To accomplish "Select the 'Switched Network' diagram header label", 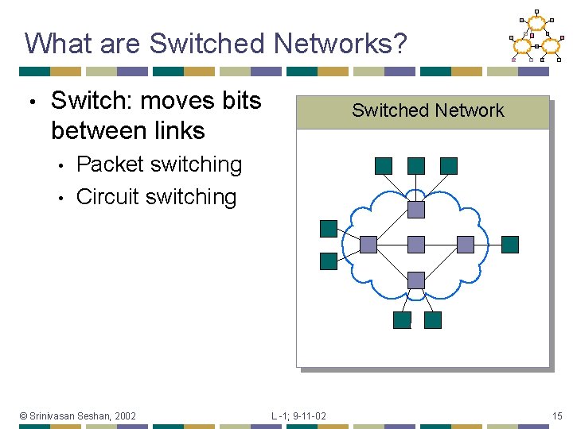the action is [427, 110].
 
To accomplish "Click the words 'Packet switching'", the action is [159, 164].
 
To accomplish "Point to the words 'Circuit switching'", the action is [156, 196].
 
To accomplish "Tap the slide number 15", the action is [558, 415].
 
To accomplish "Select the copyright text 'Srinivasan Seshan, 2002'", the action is [83, 415].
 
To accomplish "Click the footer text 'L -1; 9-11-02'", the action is [298, 415].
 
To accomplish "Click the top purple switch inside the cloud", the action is [416, 209].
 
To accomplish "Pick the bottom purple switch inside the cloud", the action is [416, 279].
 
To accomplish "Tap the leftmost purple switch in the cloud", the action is [368, 244].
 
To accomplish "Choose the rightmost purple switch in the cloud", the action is [465, 244].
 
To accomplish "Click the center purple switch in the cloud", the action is [416, 244].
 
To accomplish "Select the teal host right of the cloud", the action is [510, 244].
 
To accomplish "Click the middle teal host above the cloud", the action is [416, 165].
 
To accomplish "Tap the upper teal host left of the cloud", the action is [329, 229].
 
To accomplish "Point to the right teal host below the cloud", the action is [432, 320].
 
